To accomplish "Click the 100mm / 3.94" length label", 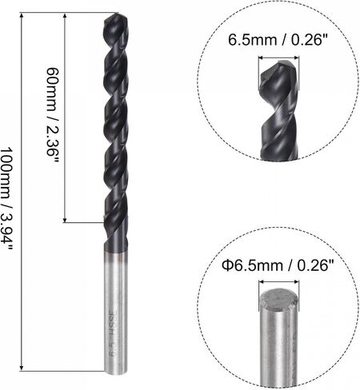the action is (x=6, y=198).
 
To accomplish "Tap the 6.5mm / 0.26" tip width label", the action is (x=278, y=41).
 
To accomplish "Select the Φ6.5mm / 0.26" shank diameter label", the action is (x=278, y=265).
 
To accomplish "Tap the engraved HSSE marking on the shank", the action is (x=113, y=323).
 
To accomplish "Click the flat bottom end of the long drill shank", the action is (x=115, y=371).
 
